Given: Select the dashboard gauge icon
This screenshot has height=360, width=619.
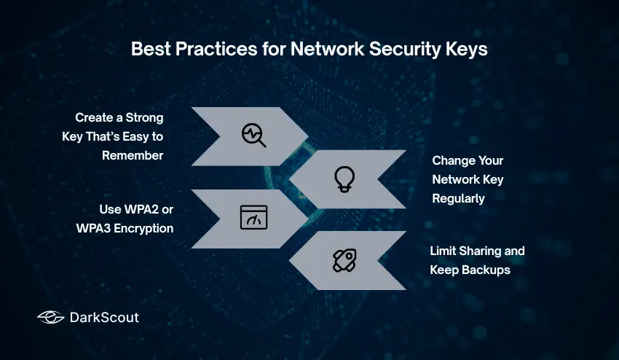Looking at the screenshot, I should pyautogui.click(x=253, y=218).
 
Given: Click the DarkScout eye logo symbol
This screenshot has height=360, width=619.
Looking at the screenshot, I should pyautogui.click(x=50, y=317).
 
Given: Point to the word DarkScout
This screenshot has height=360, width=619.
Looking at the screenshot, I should pyautogui.click(x=104, y=317).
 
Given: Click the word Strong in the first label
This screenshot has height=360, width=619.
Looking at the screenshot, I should pyautogui.click(x=145, y=117).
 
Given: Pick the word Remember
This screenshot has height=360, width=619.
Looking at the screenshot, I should pyautogui.click(x=133, y=155).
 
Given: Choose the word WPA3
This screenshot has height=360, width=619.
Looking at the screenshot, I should pyautogui.click(x=93, y=228).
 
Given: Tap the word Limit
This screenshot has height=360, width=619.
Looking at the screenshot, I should pyautogui.click(x=443, y=251).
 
